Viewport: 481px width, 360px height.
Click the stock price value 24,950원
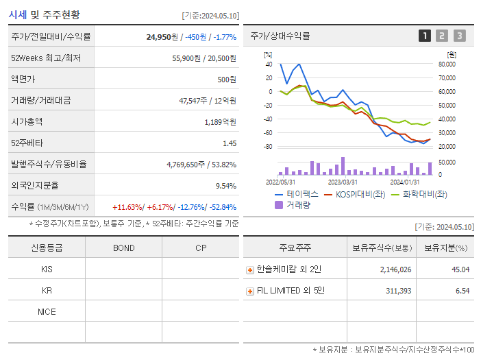point(162,37)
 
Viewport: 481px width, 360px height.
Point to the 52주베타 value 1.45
point(229,143)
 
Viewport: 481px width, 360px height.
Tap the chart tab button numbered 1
point(425,36)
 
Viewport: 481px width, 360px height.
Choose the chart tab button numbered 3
point(459,36)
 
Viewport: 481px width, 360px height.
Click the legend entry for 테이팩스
point(297,194)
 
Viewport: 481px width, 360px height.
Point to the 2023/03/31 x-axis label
point(343,182)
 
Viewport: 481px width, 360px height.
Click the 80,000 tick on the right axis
point(446,64)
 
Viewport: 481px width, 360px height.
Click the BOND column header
point(123,248)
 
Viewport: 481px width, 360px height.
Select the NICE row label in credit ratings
point(47,311)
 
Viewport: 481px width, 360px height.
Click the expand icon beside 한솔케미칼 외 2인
point(249,269)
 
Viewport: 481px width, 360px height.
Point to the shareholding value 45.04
point(460,269)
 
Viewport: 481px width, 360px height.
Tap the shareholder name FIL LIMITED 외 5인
point(291,291)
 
